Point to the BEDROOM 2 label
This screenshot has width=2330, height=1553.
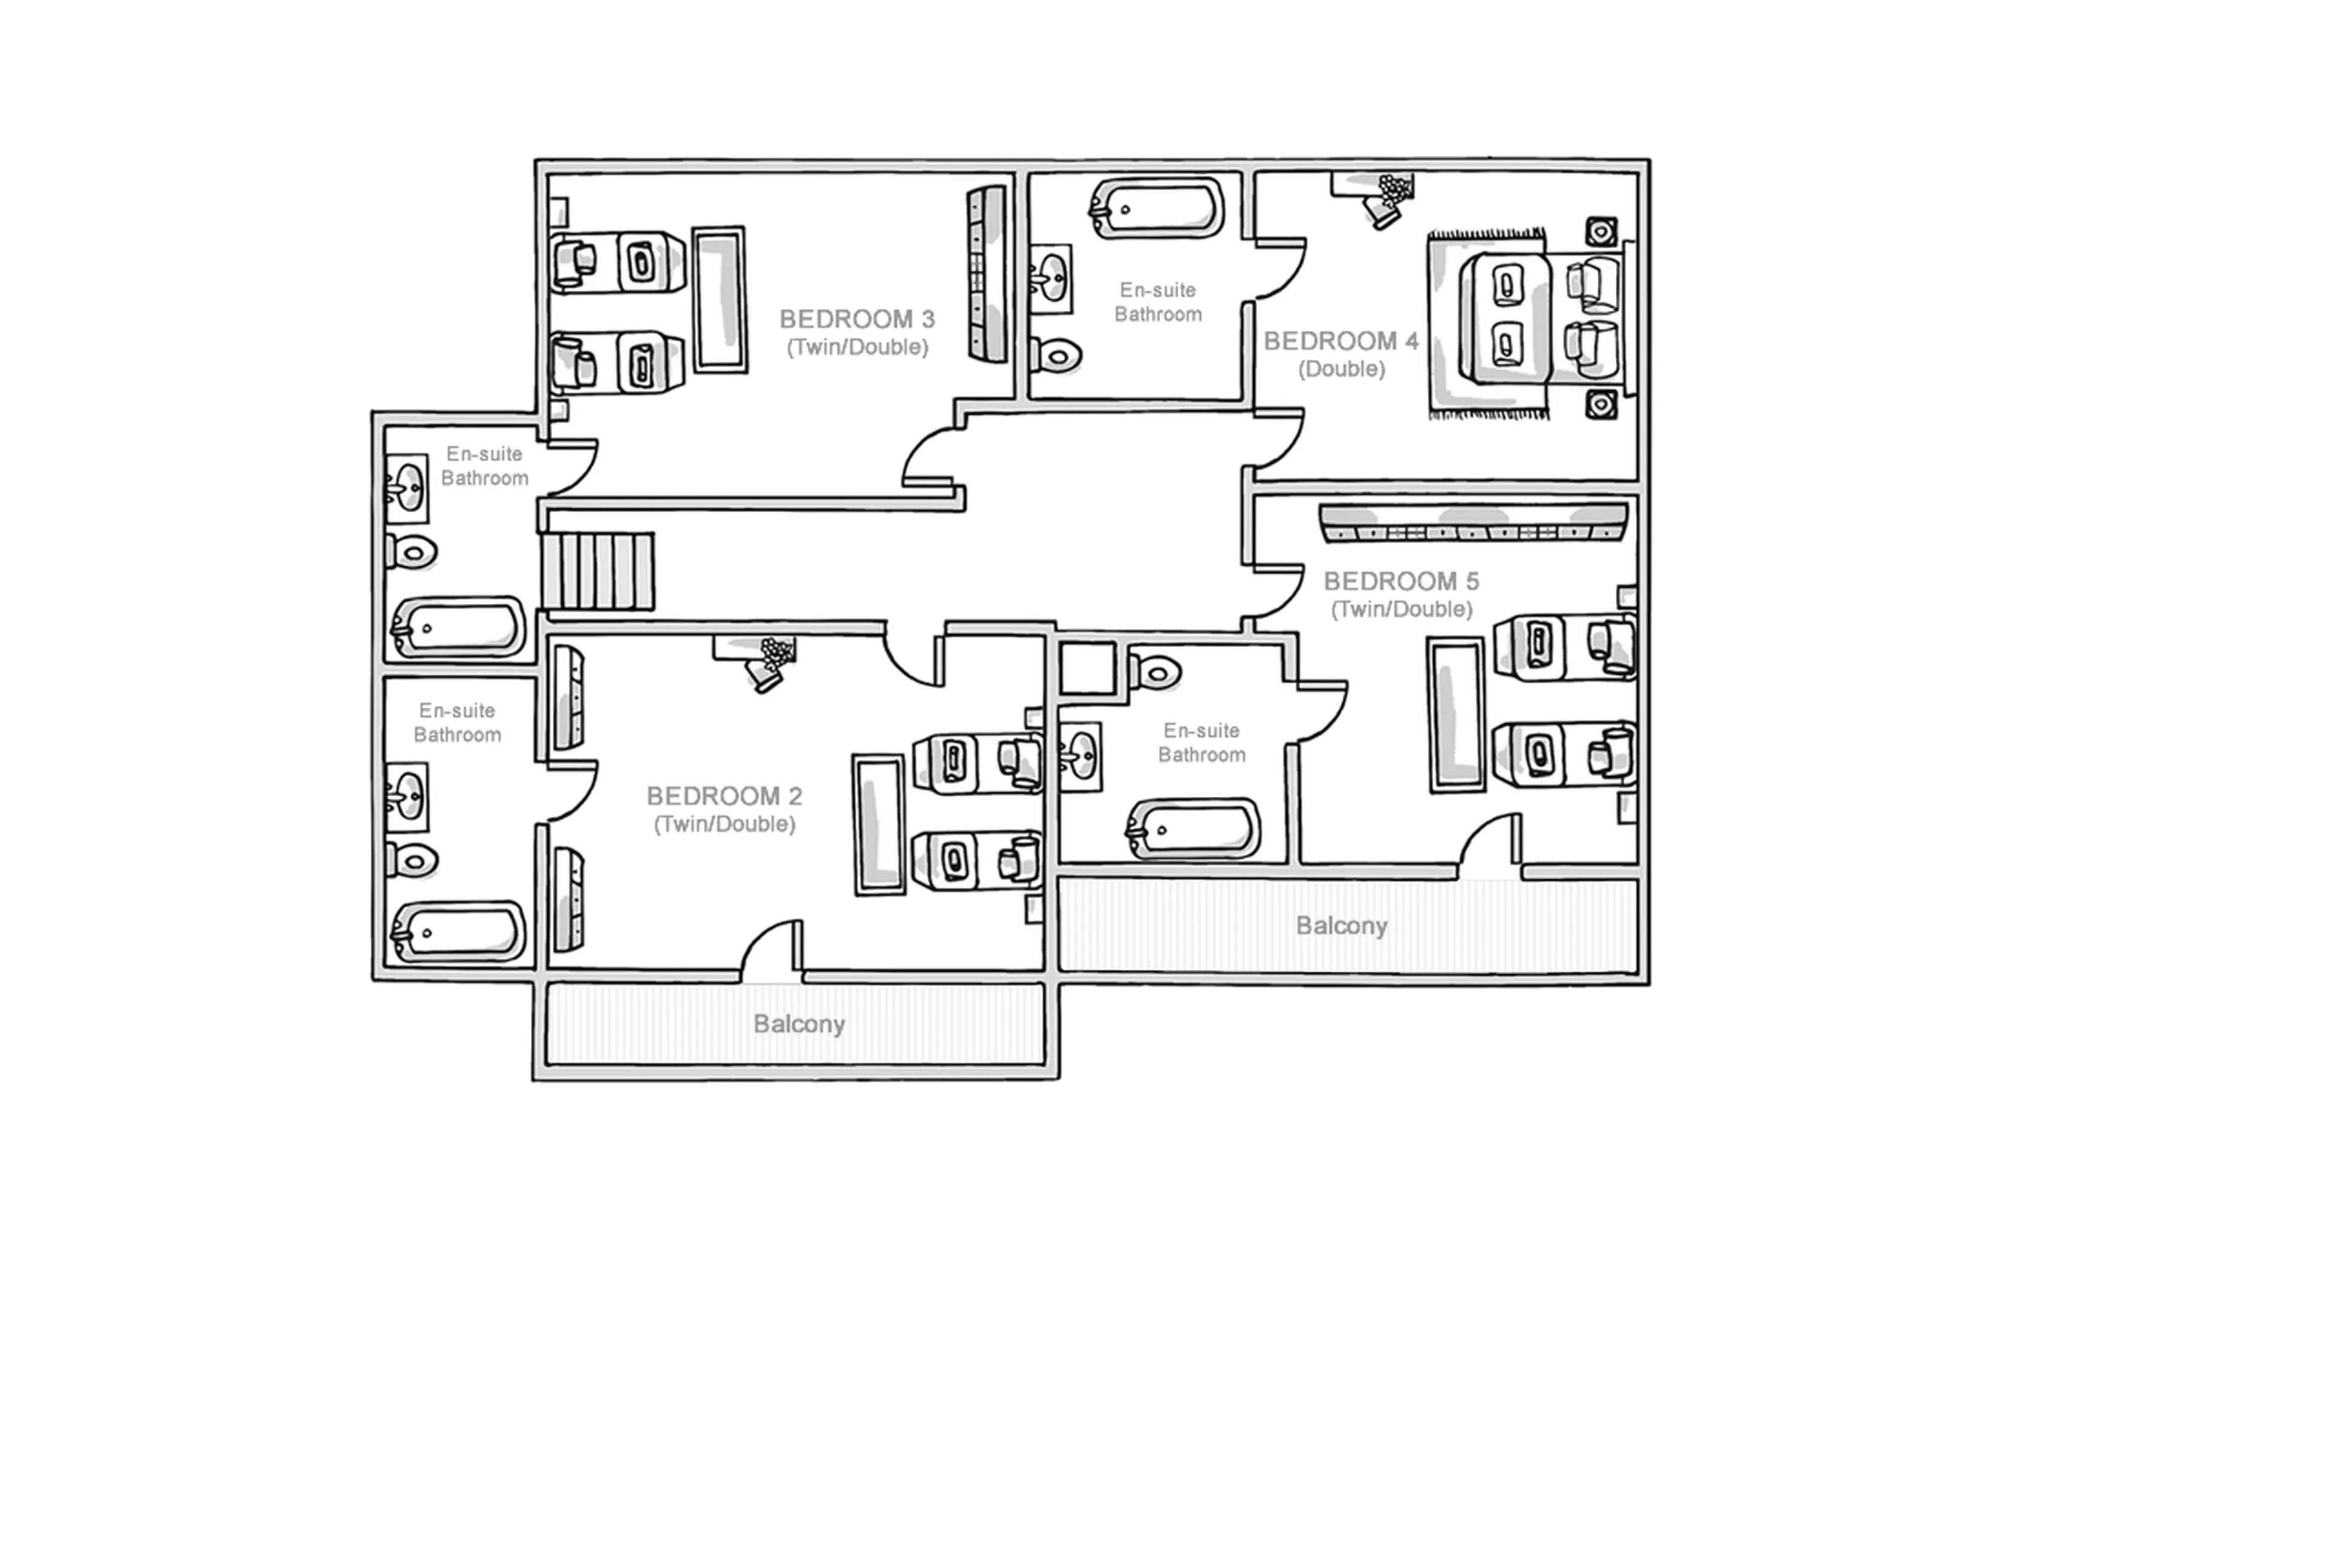point(724,796)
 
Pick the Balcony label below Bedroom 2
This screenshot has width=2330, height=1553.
point(798,1024)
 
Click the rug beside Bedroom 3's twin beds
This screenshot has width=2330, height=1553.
point(719,299)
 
